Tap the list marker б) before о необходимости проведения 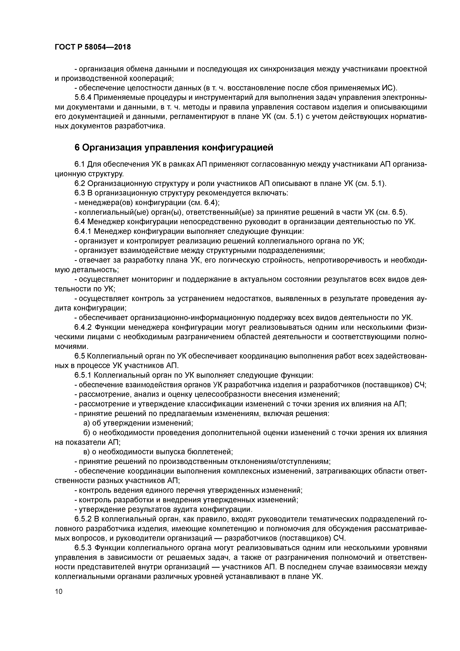pos(87,433)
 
